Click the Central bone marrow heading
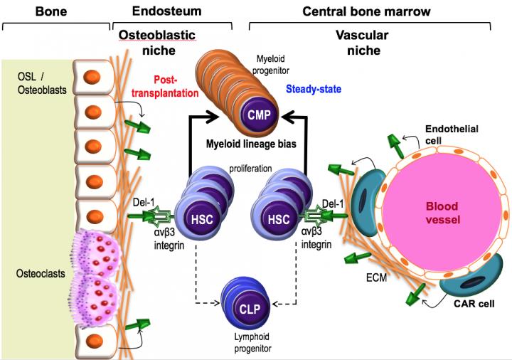click(x=366, y=11)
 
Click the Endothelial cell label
click(x=452, y=134)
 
